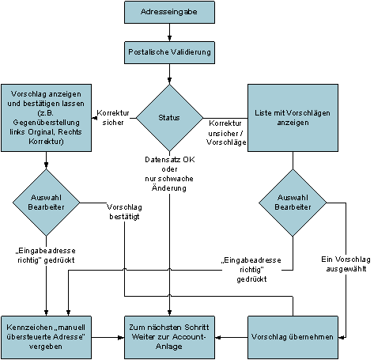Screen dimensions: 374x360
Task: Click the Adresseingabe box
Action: click(169, 12)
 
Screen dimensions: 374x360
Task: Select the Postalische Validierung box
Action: click(169, 52)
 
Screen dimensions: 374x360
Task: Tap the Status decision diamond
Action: click(169, 118)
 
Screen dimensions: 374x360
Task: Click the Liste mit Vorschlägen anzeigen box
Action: click(293, 118)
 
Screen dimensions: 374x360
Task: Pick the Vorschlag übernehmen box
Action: click(293, 337)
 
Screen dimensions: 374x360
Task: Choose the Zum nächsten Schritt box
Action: click(169, 337)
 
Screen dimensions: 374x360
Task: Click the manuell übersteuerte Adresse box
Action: click(46, 337)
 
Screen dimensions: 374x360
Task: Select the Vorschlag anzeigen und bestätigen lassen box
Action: click(46, 118)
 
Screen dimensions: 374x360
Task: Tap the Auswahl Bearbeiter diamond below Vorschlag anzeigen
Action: click(46, 203)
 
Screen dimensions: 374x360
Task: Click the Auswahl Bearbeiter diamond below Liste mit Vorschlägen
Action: click(293, 203)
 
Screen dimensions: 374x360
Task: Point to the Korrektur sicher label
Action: click(113, 118)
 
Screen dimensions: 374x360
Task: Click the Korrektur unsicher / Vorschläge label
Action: click(226, 133)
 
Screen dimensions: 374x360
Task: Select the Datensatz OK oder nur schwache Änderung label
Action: click(169, 174)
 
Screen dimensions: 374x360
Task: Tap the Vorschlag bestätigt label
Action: click(124, 212)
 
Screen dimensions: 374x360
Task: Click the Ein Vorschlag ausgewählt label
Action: click(346, 264)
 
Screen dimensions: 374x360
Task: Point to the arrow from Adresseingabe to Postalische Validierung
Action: click(169, 32)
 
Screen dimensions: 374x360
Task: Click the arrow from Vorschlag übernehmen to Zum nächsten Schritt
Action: click(231, 337)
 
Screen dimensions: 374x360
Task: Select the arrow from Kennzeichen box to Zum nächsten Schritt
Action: click(108, 337)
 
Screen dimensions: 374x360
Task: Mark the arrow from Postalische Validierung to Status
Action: click(169, 74)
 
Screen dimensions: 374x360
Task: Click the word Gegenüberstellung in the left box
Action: click(46, 123)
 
